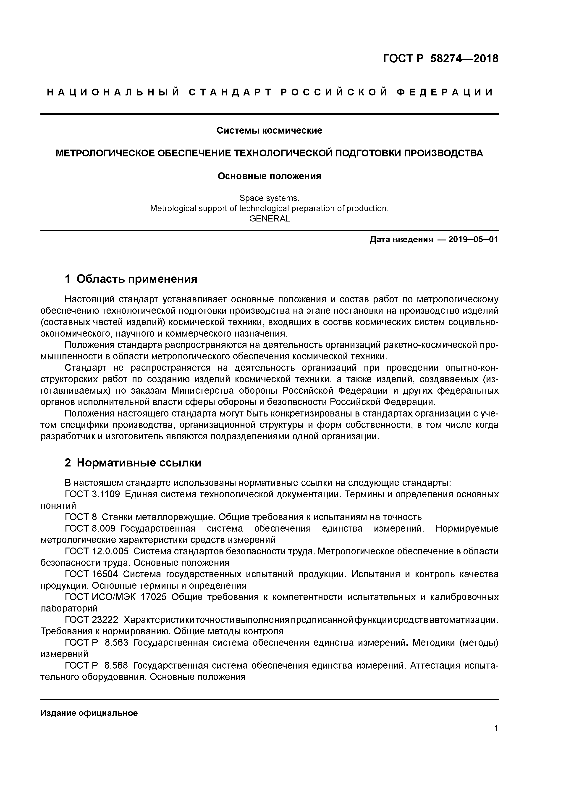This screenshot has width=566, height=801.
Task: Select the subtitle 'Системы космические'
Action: [269, 130]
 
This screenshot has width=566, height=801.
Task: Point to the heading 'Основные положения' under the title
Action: [269, 176]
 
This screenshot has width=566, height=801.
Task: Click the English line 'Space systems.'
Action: [269, 198]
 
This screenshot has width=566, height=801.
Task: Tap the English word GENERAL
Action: [269, 219]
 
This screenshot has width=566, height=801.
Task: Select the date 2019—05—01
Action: [473, 240]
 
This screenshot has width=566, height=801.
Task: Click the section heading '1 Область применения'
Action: [131, 279]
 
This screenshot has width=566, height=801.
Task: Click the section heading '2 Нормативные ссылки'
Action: [133, 463]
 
